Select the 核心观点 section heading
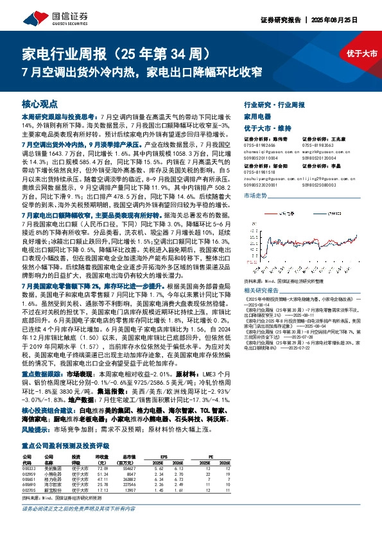click(x=40, y=103)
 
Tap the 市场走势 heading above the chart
click(x=255, y=193)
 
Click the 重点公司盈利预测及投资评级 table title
click(x=67, y=444)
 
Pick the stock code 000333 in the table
click(x=30, y=468)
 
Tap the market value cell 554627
click(x=129, y=468)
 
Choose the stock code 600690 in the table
click(x=30, y=484)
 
